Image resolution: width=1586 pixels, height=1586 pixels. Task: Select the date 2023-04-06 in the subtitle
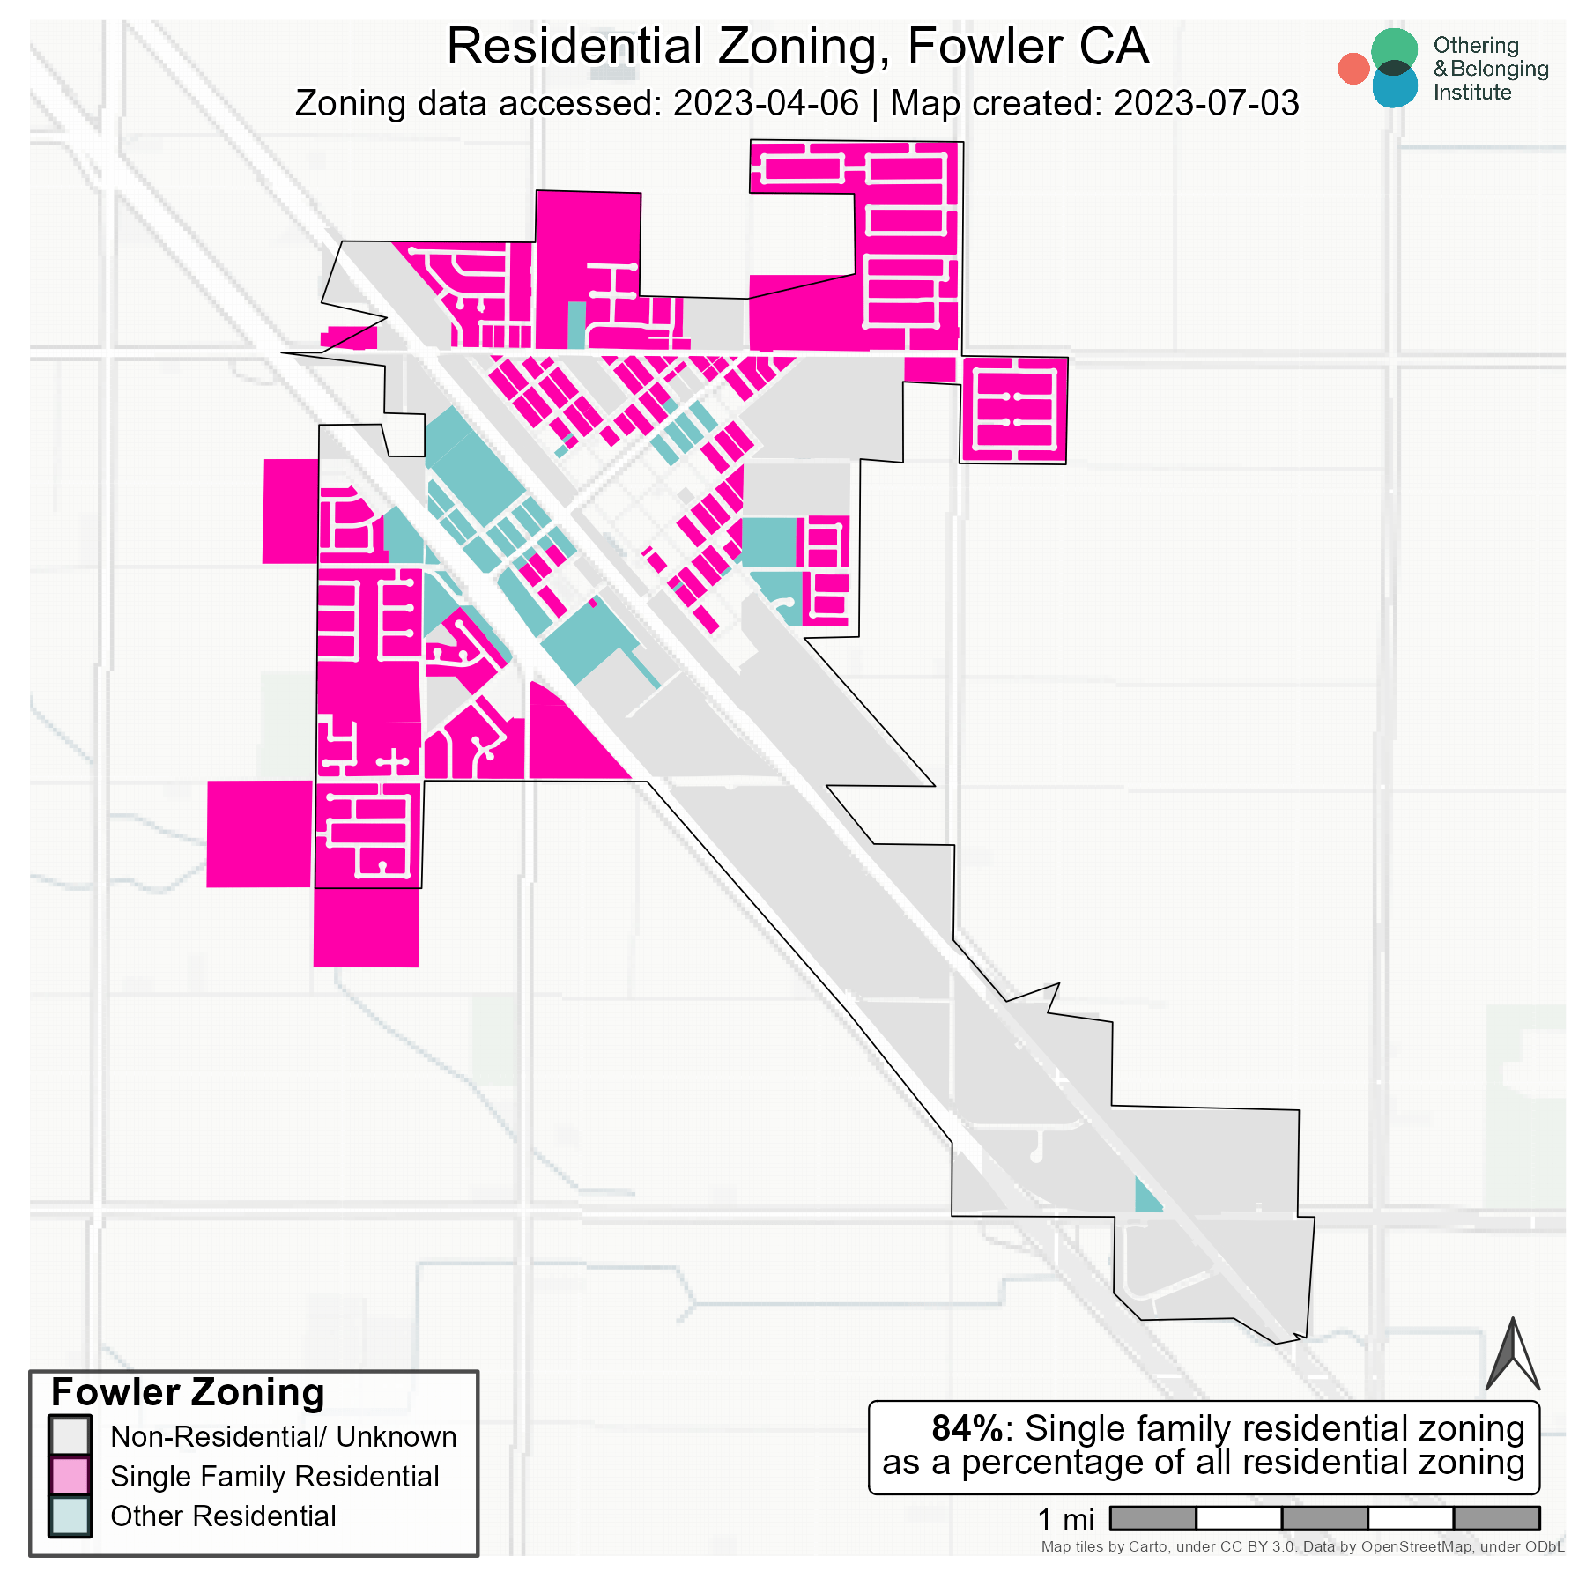point(765,104)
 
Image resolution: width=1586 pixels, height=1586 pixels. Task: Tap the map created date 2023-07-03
point(1205,104)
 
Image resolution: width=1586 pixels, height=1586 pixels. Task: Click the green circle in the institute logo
point(1394,50)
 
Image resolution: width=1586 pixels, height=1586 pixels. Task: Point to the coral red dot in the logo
point(1353,69)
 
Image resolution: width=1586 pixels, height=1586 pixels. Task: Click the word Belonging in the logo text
point(1499,69)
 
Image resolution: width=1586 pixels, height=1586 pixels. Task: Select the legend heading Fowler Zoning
point(188,1393)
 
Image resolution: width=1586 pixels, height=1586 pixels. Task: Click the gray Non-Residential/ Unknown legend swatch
point(70,1436)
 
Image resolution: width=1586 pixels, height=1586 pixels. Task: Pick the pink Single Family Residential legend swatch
point(70,1477)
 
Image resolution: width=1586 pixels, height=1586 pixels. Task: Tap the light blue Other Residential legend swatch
point(70,1516)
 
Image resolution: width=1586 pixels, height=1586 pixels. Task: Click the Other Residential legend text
point(223,1516)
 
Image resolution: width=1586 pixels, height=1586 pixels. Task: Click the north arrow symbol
point(1512,1358)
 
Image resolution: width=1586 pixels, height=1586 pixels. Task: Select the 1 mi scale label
point(1066,1519)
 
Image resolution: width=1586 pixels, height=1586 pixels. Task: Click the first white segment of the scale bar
point(1238,1518)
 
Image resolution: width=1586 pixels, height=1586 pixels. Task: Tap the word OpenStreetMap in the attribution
point(1416,1546)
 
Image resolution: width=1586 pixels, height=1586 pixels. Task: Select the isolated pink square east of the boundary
point(1014,410)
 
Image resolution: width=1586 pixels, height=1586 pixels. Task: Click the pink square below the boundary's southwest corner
point(366,927)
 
